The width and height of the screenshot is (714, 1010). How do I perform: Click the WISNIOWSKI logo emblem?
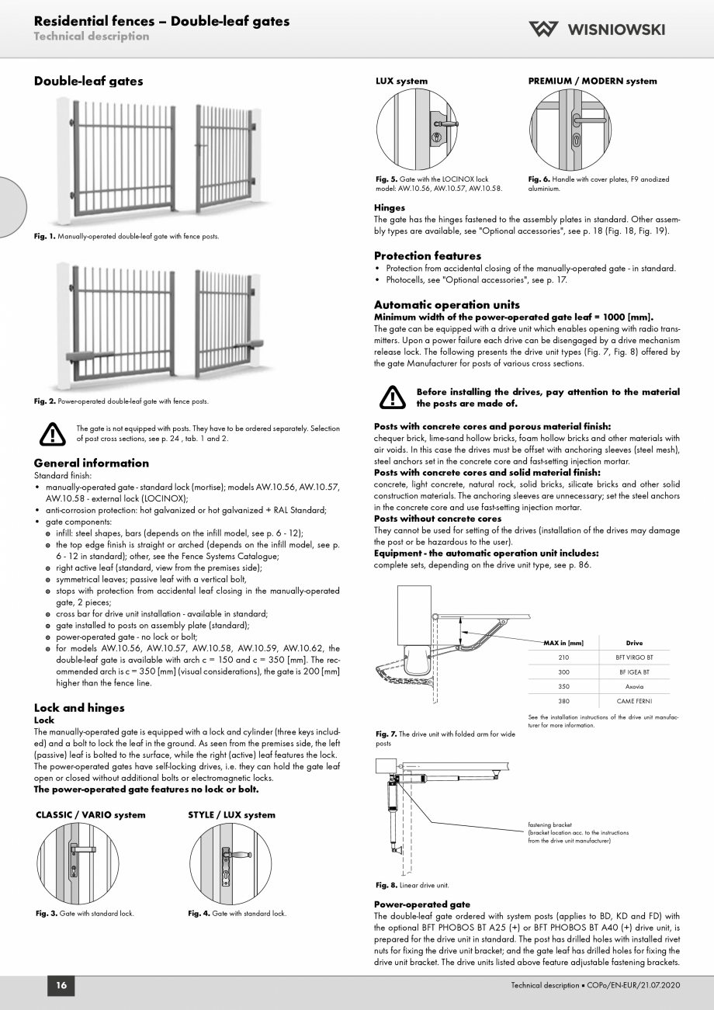point(544,30)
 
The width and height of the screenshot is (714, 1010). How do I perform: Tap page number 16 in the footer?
point(61,986)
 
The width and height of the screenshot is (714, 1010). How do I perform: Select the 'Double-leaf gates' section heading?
point(88,81)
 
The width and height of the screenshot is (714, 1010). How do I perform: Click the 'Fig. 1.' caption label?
point(43,236)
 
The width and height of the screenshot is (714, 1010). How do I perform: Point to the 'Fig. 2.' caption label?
point(43,401)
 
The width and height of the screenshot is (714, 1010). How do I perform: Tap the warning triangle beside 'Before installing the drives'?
point(392,397)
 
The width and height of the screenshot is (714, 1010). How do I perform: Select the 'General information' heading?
point(92,463)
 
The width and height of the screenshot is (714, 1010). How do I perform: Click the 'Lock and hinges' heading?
point(79,707)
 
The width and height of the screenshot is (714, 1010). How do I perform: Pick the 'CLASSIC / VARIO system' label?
point(90,815)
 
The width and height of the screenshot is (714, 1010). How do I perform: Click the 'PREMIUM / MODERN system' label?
point(592,81)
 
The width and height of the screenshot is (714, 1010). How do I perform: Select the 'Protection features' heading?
point(428,255)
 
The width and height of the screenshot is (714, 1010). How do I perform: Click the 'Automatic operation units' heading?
point(447,304)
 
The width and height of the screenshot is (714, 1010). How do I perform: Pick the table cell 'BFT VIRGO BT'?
point(633,657)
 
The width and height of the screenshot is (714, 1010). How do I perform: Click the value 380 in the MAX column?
point(563,701)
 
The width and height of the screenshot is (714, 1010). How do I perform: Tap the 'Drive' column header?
point(633,642)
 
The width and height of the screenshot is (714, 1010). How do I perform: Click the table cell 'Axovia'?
point(633,686)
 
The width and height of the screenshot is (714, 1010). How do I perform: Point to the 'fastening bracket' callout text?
point(550,825)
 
